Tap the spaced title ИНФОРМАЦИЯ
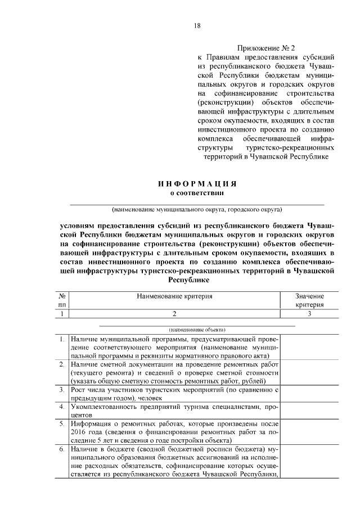[x=196, y=184]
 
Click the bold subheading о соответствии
[x=196, y=193]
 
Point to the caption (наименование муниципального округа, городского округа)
[x=196, y=210]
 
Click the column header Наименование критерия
[x=174, y=295]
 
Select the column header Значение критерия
[x=309, y=300]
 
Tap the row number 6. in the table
[x=62, y=450]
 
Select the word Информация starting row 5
[x=93, y=424]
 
